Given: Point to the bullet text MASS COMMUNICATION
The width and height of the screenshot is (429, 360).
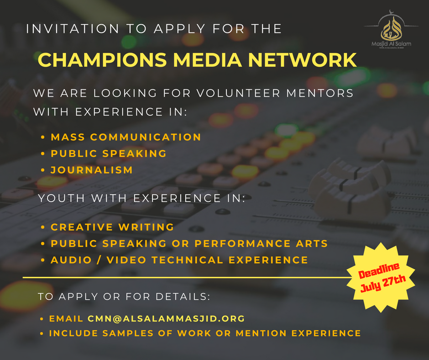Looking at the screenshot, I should pyautogui.click(x=126, y=137).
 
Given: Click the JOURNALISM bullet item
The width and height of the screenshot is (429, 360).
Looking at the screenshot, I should pyautogui.click(x=92, y=169).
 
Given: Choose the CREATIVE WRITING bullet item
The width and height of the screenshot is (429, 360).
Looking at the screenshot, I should pyautogui.click(x=112, y=227).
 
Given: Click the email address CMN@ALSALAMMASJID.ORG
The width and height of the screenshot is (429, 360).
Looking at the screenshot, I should pyautogui.click(x=166, y=318).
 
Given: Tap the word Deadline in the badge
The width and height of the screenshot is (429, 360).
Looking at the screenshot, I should pyautogui.click(x=378, y=271).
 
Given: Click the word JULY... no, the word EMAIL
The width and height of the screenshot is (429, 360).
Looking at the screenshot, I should pyautogui.click(x=66, y=318).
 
